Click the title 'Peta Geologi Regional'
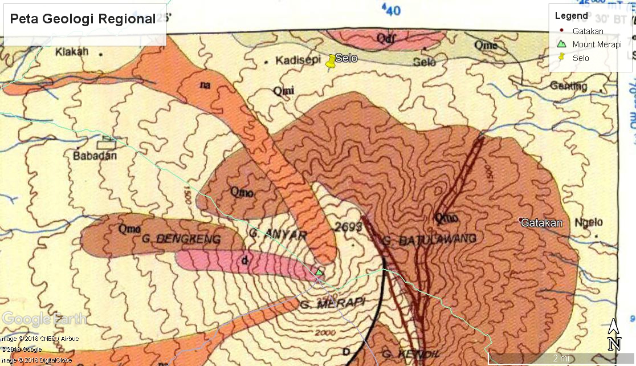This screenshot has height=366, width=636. (x=83, y=19)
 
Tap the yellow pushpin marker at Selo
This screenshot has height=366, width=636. (x=331, y=62)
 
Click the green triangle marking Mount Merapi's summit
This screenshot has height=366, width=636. (x=319, y=272)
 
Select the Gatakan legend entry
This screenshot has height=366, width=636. (x=588, y=31)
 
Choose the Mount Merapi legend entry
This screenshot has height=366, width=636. (x=596, y=44)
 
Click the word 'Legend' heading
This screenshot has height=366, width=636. (x=571, y=15)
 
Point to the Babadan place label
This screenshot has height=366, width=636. (x=95, y=156)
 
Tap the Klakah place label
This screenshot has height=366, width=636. (x=72, y=52)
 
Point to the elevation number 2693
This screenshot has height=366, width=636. (x=349, y=227)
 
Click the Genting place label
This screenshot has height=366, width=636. (x=569, y=86)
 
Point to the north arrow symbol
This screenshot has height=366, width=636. (x=614, y=335)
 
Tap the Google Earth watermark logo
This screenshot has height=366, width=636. (x=44, y=319)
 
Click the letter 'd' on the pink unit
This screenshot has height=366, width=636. (x=245, y=261)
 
